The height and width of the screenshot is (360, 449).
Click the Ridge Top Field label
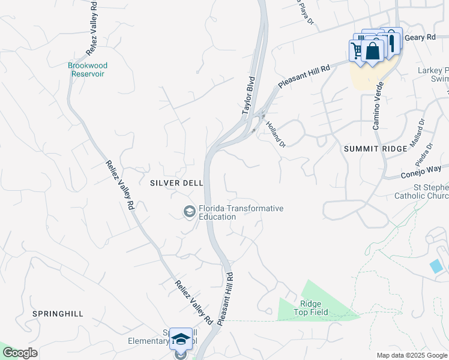(311, 308)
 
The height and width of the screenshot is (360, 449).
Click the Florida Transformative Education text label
(240, 212)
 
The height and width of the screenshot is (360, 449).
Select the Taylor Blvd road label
(249, 95)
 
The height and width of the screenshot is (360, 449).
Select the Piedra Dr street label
(424, 154)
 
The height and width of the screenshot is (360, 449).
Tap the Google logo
(20, 353)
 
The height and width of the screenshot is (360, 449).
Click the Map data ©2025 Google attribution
(411, 355)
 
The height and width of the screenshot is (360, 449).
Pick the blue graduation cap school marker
(181, 339)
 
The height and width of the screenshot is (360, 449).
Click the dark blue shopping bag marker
(373, 52)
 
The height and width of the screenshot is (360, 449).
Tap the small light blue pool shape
(437, 265)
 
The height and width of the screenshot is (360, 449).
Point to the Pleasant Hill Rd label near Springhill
(225, 298)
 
